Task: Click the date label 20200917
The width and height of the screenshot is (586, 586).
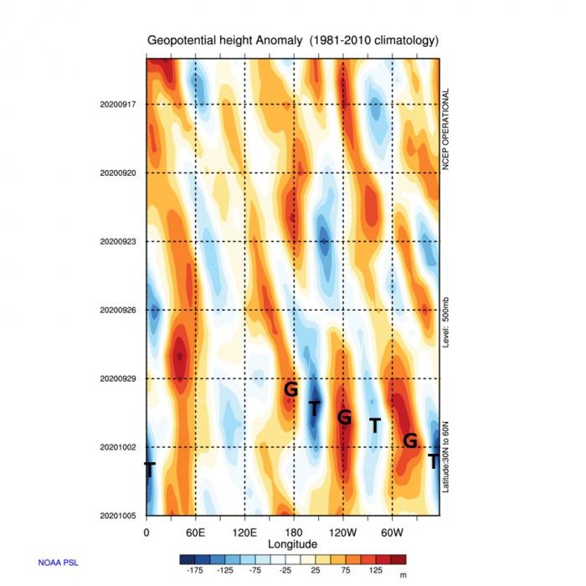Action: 117,104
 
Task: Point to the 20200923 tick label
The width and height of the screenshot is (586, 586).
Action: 117,241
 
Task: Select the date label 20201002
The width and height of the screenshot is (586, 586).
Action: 117,447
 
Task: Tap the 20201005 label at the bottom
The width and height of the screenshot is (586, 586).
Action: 117,516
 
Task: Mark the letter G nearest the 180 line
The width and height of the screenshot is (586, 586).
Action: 290,388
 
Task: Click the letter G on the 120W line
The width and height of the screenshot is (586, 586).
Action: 343,416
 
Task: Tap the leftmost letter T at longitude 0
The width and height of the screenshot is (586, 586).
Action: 149,470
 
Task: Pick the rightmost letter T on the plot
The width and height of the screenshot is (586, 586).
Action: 433,460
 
